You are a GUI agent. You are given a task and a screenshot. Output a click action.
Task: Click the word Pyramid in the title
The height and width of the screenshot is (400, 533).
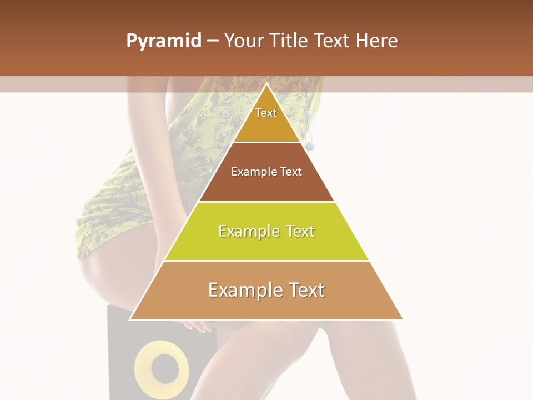(164, 41)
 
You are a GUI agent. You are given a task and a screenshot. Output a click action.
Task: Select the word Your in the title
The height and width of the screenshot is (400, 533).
(245, 41)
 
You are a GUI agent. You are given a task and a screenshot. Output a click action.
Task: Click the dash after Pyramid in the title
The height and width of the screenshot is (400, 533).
(213, 41)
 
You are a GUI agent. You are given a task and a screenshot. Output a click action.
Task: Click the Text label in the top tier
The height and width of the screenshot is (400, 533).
(266, 113)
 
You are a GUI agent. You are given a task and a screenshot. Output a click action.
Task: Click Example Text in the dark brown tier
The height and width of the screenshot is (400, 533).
(266, 172)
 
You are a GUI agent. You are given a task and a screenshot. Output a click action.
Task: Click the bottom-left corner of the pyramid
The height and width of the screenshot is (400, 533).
(130, 319)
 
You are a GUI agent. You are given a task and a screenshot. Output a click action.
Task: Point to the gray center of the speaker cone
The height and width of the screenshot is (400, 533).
(162, 367)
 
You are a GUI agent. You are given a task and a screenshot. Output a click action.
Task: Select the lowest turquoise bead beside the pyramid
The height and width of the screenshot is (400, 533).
(310, 147)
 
